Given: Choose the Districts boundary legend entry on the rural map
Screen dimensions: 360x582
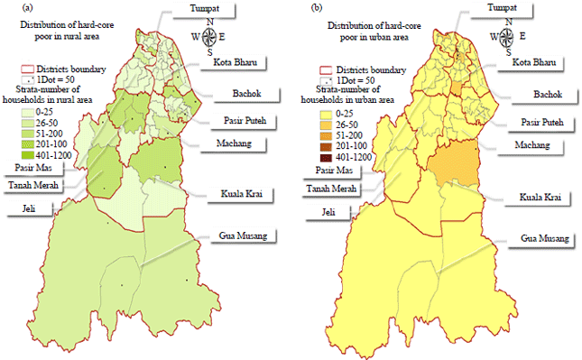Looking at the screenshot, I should [x=63, y=69].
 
